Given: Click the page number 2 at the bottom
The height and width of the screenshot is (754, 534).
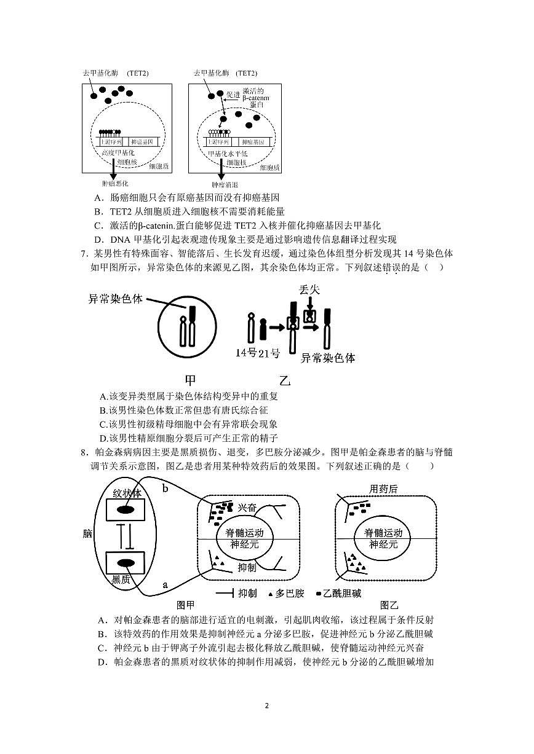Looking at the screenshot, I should pos(267,705).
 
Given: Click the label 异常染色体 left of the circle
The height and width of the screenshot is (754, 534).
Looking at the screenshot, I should pos(116,299).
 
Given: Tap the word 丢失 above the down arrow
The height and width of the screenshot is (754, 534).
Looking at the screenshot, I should pos(309,289).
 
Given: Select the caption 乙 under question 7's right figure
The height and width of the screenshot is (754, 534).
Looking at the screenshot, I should pos(284,380).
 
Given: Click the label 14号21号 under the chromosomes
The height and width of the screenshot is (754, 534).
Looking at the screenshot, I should pos(258,353).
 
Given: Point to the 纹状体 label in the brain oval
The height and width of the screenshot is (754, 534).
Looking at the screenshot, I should pos(127,493).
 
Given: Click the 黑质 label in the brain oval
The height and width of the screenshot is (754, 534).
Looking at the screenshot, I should pos(121,579).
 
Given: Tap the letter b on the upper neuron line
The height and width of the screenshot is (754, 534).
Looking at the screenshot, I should pos(165,489).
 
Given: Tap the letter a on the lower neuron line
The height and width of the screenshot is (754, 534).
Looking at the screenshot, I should pos(164,584).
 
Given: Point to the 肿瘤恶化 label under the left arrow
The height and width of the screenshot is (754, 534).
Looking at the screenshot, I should pos(115,183).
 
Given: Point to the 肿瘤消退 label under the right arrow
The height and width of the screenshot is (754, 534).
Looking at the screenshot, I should pos(225,184).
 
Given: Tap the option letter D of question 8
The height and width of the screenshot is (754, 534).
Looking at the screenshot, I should pos(102,662).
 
